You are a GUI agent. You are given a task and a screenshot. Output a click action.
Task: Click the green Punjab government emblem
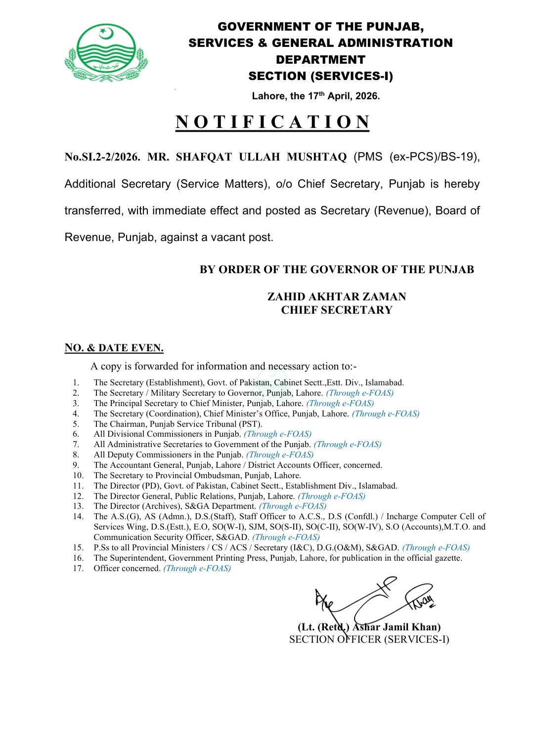click(106, 53)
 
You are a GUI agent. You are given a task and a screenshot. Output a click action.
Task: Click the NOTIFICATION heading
click(272, 122)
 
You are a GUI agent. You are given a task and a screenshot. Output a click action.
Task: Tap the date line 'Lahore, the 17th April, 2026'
click(315, 96)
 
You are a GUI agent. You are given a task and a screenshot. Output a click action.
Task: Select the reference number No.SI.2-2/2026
click(102, 157)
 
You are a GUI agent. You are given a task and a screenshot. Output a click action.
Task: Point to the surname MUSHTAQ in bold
click(316, 157)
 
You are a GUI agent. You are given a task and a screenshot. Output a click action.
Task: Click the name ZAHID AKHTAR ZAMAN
click(337, 296)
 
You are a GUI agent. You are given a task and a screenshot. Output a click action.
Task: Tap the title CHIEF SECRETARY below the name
click(337, 310)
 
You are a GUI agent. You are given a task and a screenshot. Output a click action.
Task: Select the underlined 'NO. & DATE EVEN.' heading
click(114, 348)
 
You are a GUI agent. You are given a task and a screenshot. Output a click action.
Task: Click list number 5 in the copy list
click(76, 424)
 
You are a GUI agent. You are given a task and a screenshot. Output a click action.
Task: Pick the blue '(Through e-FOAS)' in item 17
click(197, 568)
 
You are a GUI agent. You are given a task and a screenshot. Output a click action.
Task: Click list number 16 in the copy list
click(78, 558)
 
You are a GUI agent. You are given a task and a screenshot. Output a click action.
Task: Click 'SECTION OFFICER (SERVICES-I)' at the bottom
click(369, 639)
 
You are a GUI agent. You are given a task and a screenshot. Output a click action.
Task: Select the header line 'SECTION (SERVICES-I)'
click(320, 76)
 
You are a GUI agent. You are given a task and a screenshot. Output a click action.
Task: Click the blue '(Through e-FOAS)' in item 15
click(436, 547)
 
